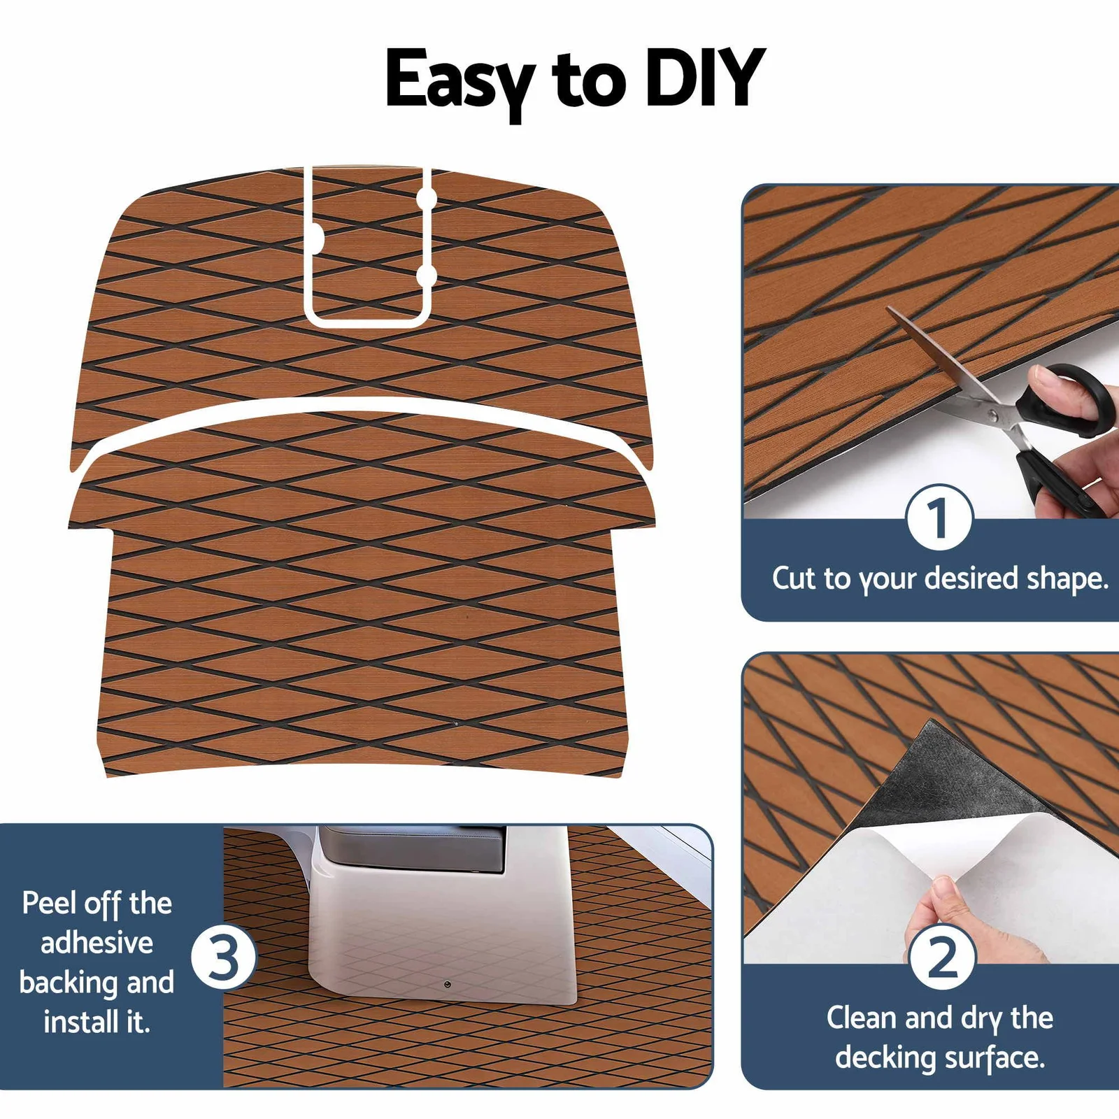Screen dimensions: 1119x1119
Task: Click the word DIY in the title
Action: [x=705, y=78]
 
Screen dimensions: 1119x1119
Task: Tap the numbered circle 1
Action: [x=939, y=518]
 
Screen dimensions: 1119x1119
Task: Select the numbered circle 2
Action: [x=943, y=957]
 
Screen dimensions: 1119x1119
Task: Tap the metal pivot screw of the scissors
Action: [x=991, y=415]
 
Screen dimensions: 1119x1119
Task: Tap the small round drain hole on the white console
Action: [x=447, y=985]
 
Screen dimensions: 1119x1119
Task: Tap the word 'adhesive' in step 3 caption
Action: [x=97, y=943]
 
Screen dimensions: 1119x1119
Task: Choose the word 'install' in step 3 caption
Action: [x=82, y=1022]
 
